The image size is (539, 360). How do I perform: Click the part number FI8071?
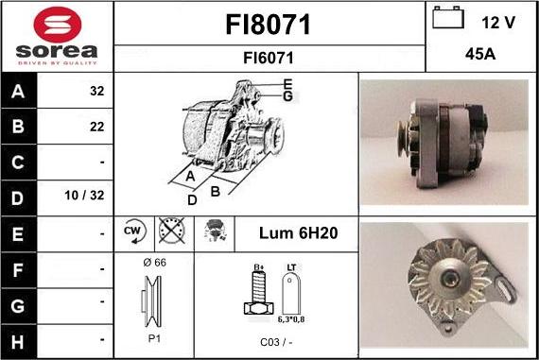pos(269,24)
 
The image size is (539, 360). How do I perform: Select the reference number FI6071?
pos(269,58)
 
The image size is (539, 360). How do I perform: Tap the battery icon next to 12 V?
pos(448,18)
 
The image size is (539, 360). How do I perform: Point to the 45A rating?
pos(481,56)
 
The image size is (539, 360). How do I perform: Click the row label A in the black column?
pos(19,92)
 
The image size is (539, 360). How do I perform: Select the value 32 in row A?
pos(96,92)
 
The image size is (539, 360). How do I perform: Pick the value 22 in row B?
pos(96,127)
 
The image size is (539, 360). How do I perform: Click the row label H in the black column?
pos(19,337)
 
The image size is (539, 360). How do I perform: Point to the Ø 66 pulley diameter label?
pos(153,262)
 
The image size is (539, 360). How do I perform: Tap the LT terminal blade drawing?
pos(294,295)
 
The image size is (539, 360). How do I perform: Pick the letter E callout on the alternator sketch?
pos(287,84)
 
